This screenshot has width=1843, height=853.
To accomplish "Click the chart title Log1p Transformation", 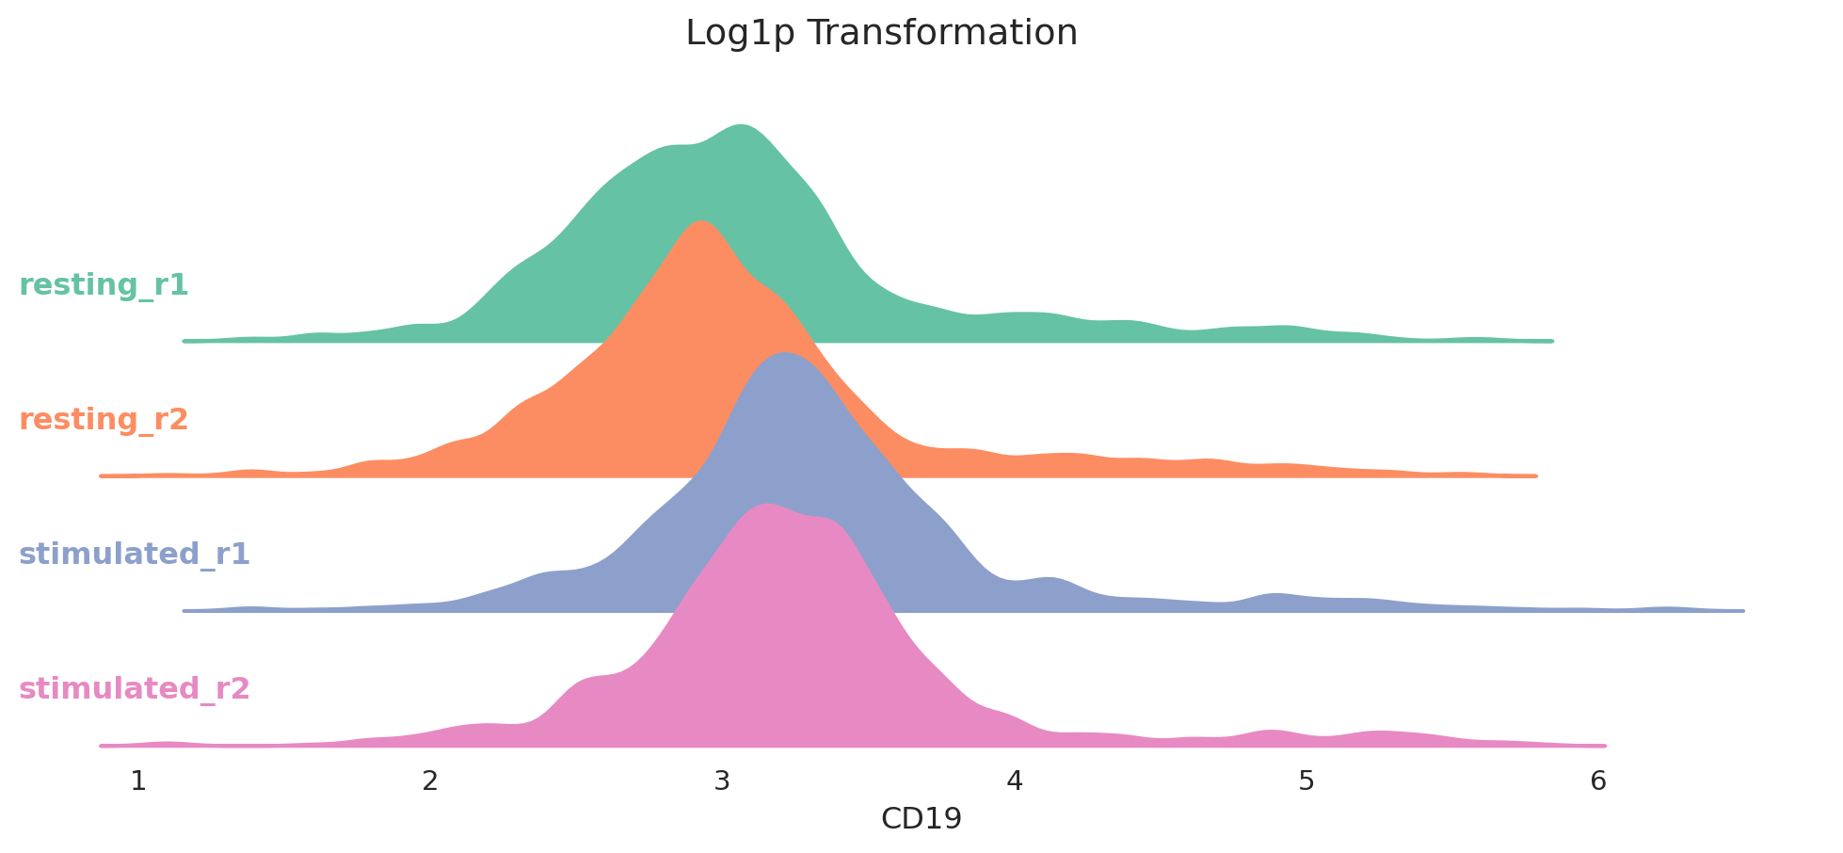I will tap(881, 34).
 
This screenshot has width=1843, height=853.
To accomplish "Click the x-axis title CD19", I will tap(921, 819).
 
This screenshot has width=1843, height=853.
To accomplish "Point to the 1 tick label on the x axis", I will tap(138, 781).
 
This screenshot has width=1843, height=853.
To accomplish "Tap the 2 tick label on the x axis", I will tap(430, 781).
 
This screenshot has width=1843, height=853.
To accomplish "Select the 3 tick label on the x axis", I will tap(722, 781).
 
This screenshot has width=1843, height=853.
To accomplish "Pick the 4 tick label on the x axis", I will tap(1014, 781).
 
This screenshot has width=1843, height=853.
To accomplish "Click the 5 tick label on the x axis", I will tap(1306, 781).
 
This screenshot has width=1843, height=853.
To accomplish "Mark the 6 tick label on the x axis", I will tap(1598, 781).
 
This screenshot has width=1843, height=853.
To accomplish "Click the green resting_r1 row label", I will tap(104, 285).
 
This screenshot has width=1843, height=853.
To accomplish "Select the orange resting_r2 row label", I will tap(104, 420).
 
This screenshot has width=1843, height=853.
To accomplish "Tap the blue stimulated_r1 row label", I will tap(135, 555).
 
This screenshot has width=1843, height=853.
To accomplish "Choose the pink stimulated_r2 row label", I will tap(135, 689).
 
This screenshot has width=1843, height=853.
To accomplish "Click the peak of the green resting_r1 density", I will tap(742, 125).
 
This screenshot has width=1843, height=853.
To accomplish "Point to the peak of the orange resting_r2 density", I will tap(701, 221).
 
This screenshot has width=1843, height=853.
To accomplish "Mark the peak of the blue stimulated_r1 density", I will tap(784, 353).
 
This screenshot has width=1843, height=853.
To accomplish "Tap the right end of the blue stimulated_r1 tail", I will tap(1742, 610).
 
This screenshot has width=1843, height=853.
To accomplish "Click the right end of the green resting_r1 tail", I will tap(1550, 340).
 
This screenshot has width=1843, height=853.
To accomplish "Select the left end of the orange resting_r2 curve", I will tap(102, 475).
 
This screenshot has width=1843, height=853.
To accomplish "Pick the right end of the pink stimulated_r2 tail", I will tap(1604, 745).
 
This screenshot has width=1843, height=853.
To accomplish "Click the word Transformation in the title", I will tap(943, 34).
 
